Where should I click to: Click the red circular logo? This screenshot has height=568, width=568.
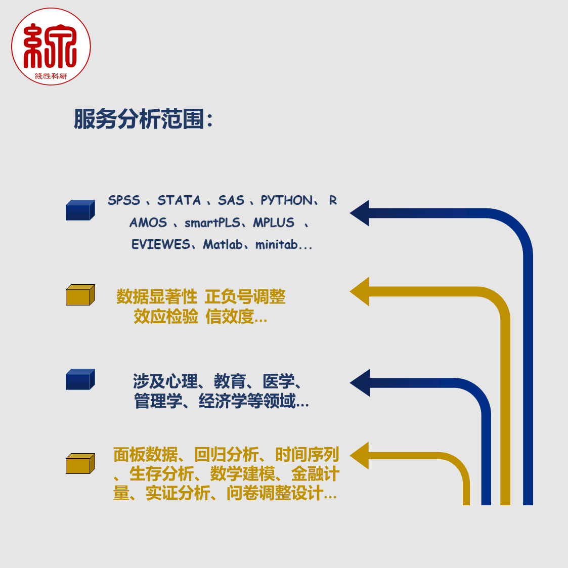(x=51, y=47)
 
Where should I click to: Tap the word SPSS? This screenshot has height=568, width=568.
(x=124, y=200)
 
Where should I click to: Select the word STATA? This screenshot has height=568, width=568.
(x=179, y=200)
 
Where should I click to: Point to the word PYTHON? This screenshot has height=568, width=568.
(x=287, y=200)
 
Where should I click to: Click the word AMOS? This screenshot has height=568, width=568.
(x=148, y=223)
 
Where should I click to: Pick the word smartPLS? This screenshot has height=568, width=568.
(x=212, y=223)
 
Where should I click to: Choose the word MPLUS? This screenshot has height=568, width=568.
(x=274, y=223)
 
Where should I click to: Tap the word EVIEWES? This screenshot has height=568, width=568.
(x=160, y=244)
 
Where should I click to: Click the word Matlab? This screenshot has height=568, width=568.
(x=223, y=244)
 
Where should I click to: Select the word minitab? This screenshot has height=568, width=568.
(x=277, y=244)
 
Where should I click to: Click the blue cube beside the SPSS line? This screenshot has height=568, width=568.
(x=80, y=210)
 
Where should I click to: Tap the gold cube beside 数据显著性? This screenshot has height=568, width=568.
(x=80, y=295)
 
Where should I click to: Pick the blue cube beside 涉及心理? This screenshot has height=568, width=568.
(x=80, y=379)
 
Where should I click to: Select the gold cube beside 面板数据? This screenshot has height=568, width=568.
(x=80, y=463)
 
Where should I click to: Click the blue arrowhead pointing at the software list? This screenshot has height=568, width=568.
(x=359, y=213)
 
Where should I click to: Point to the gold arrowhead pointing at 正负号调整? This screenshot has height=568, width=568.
(x=359, y=292)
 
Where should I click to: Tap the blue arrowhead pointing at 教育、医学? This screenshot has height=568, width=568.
(x=360, y=383)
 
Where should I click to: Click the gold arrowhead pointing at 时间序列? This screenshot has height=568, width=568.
(x=359, y=456)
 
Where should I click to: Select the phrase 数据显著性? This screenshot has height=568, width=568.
(x=157, y=297)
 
